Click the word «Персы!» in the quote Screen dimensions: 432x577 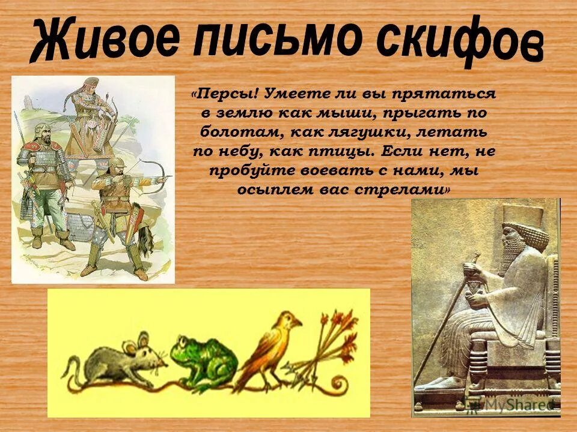[x=227, y=94]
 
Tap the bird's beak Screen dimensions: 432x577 [x=297, y=324]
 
